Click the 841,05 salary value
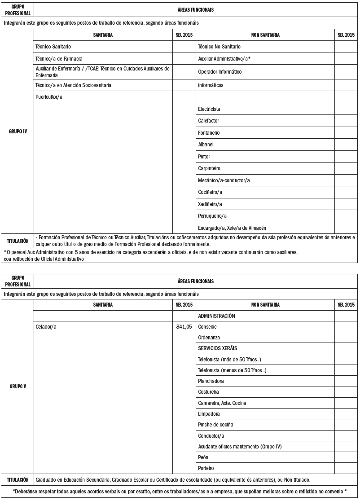pyautogui.click(x=184, y=327)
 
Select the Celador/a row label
pyautogui.click(x=46, y=327)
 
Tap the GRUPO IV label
pyautogui.click(x=18, y=132)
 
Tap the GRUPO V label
pyautogui.click(x=18, y=387)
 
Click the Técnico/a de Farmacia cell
pyautogui.click(x=59, y=59)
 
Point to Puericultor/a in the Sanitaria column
pyautogui.click(x=49, y=97)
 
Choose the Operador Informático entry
pyautogui.click(x=220, y=72)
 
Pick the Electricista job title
pyautogui.click(x=209, y=109)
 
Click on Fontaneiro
pyautogui.click(x=209, y=133)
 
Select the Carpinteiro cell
pyautogui.click(x=209, y=168)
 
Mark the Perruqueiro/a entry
pyautogui.click(x=212, y=216)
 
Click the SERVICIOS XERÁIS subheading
pyautogui.click(x=218, y=348)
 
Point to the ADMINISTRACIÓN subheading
pyautogui.click(x=216, y=316)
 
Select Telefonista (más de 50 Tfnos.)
pyautogui.click(x=229, y=360)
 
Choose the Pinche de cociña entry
pyautogui.click(x=215, y=425)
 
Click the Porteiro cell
pyautogui.click(x=206, y=468)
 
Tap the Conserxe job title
pyautogui.click(x=207, y=327)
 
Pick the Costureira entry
pyautogui.click(x=209, y=392)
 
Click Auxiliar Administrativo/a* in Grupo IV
pyautogui.click(x=224, y=59)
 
